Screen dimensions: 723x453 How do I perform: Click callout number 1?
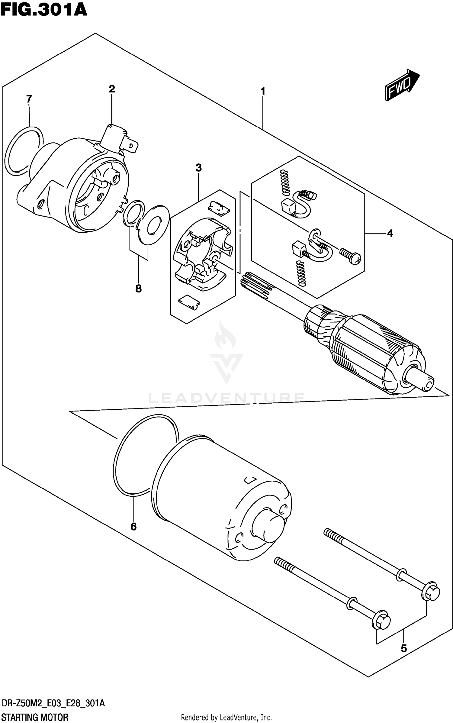263,91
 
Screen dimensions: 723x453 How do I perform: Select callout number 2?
112,89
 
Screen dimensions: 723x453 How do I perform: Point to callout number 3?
198,168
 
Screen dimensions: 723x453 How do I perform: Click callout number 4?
390,233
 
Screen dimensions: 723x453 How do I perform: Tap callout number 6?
133,527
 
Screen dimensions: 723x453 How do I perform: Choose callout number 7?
29,99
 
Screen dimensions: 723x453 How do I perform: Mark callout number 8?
138,289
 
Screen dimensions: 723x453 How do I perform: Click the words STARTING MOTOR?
35,717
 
